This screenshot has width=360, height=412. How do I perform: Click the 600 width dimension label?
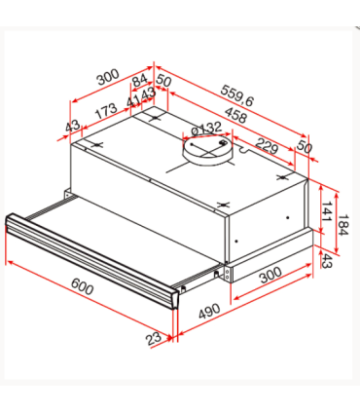[x=83, y=289]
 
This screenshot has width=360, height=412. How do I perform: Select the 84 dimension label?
[x=139, y=80]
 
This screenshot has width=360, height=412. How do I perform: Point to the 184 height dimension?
[x=342, y=229]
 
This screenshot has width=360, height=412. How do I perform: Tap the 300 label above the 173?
[x=107, y=76]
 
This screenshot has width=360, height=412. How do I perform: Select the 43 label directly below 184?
[x=328, y=262]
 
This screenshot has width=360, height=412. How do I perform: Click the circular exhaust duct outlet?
[x=206, y=147]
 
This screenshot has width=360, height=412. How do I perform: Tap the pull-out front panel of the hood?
[x=92, y=251]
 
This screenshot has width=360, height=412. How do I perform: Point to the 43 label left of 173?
[x=71, y=128]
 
